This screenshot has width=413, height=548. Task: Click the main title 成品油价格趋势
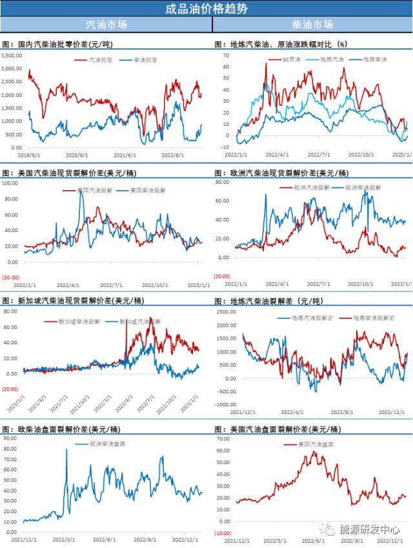tap(206, 8)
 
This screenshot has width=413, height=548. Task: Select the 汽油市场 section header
tap(106, 24)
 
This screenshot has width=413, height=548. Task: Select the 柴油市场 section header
tap(312, 24)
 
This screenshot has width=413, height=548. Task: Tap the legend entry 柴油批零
tap(145, 59)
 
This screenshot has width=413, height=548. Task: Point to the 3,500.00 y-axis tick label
tap(12, 55)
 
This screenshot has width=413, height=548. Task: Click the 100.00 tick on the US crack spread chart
tap(12, 182)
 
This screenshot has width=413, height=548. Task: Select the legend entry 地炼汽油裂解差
tap(310, 318)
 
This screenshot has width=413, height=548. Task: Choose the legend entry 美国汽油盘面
tap(317, 444)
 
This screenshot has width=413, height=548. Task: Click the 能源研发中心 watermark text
tap(375, 529)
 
